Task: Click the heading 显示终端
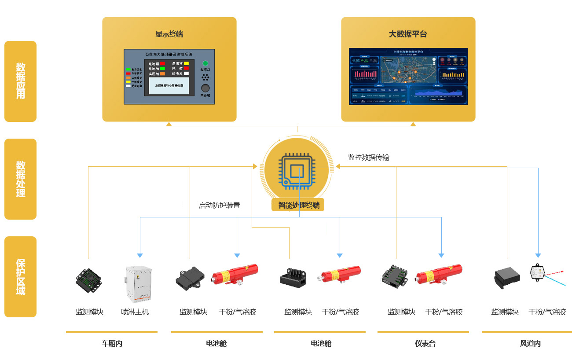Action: click(x=169, y=34)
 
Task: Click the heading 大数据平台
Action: click(x=408, y=34)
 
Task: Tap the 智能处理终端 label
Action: click(x=298, y=205)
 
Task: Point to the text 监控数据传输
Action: click(x=368, y=157)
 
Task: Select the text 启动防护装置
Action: click(x=219, y=205)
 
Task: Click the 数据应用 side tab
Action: click(x=20, y=81)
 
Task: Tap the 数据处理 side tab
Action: click(x=20, y=179)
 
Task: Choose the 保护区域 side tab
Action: click(x=20, y=276)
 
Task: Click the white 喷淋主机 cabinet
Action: click(x=138, y=284)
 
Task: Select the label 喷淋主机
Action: click(x=135, y=312)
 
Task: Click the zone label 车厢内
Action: click(x=112, y=343)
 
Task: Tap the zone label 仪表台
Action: click(x=425, y=343)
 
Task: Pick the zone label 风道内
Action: click(x=530, y=343)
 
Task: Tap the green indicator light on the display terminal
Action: click(x=205, y=63)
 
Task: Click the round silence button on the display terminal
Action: click(x=205, y=88)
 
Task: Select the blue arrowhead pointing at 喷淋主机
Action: click(x=140, y=255)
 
